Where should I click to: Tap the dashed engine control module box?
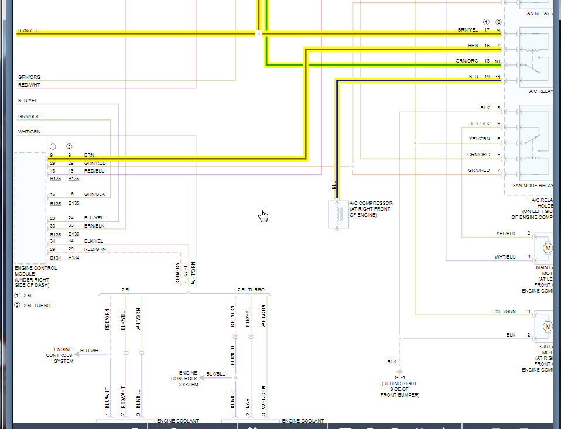coord(30,207)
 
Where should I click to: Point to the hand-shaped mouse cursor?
coord(264,216)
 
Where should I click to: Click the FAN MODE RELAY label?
coord(532,186)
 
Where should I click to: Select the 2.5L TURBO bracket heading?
coord(251,290)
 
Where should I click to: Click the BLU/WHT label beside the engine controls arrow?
coord(90,351)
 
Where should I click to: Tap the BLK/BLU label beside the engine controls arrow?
coord(215,374)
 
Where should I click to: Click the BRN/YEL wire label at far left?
coord(28,30)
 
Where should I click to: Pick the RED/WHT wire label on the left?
coord(29,85)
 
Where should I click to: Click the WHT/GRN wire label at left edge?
coord(29,131)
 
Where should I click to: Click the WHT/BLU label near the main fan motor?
coord(505,257)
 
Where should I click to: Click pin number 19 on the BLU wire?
coord(487,77)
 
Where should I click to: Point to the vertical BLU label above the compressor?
coord(334,184)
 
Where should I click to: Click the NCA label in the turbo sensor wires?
coord(248,404)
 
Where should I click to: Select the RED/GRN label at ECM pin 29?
coord(94,249)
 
